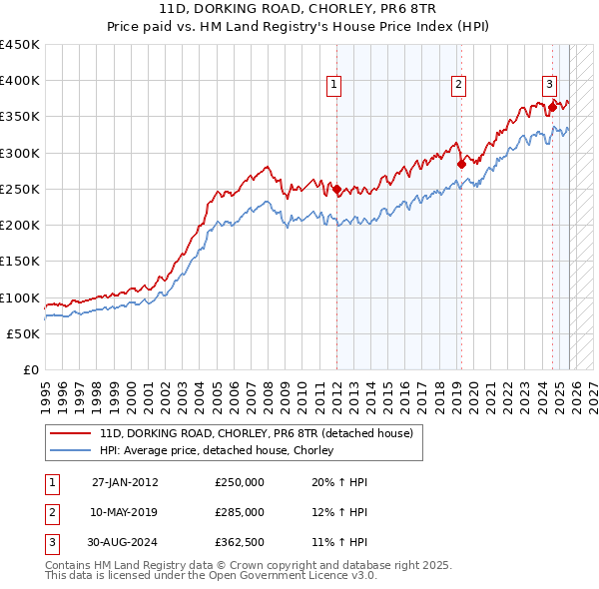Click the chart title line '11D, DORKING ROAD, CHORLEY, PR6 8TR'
[x=299, y=8]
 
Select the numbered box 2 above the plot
[x=458, y=86]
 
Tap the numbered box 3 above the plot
[x=549, y=84]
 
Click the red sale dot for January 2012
[x=336, y=189]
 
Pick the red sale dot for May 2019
[x=460, y=164]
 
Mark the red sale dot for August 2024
[x=552, y=107]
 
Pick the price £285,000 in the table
[x=240, y=512]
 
